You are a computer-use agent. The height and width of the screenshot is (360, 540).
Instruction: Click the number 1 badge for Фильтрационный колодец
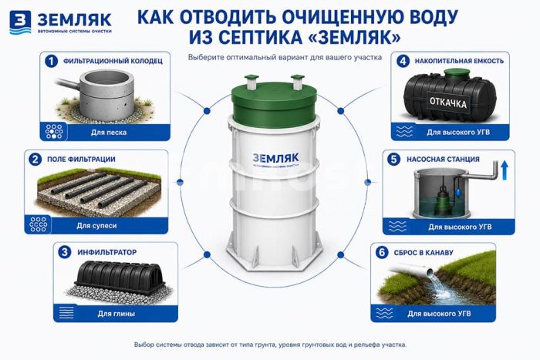[x=52, y=61]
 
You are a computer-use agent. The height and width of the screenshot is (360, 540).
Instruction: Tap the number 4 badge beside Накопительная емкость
[x=403, y=61]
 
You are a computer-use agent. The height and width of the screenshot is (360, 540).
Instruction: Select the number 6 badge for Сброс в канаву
[x=382, y=252]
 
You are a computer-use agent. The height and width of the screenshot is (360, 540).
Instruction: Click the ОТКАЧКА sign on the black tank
[x=447, y=103]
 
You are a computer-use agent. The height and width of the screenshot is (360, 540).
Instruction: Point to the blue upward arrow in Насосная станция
[x=505, y=170]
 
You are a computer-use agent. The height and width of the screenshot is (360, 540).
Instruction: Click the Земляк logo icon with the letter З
[x=20, y=22]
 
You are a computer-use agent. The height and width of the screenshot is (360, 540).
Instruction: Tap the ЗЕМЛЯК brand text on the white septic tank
[x=275, y=158]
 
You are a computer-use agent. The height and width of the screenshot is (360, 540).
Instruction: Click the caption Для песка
[x=109, y=132]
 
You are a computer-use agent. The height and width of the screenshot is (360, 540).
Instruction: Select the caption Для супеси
[x=96, y=226]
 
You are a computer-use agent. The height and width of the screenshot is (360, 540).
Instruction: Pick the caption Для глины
[x=116, y=314]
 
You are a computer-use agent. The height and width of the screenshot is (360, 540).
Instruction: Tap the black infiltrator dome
[x=120, y=277]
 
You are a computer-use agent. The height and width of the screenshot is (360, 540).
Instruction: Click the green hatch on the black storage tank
[x=457, y=73]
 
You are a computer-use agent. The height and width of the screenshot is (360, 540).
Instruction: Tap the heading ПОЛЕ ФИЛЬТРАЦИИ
[x=81, y=160]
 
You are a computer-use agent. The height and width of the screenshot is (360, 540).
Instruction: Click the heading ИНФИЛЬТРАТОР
[x=107, y=252]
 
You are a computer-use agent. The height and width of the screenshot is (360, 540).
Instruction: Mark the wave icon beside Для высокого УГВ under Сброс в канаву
[x=384, y=313]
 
